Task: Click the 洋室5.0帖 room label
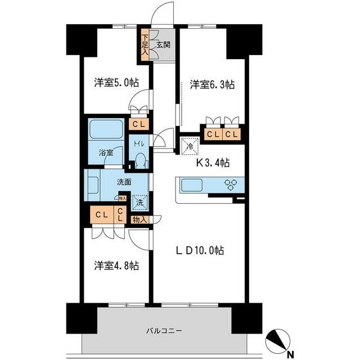[116, 83]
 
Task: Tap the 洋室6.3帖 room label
[211, 84]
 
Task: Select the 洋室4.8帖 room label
[116, 265]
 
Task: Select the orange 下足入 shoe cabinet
[145, 44]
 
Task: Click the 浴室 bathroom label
[107, 152]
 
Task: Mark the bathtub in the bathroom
[106, 130]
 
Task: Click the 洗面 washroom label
[124, 182]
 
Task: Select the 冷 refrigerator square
[189, 144]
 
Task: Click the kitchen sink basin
[193, 185]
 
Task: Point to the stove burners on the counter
[231, 184]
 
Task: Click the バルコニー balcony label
[164, 331]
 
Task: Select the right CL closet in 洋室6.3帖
[231, 134]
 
